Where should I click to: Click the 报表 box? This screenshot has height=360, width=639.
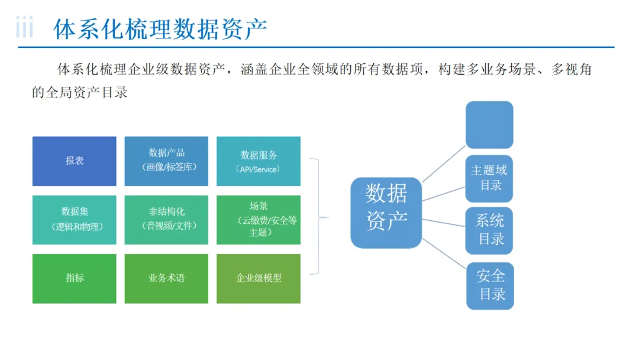[74, 161]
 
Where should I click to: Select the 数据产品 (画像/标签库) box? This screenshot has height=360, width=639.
[166, 161]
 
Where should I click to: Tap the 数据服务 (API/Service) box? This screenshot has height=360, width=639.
[259, 161]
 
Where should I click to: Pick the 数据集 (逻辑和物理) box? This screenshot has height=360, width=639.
[74, 219]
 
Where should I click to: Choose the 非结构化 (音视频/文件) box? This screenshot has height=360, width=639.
[166, 219]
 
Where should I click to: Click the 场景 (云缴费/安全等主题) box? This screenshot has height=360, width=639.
[259, 219]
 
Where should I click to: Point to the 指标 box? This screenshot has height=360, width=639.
[74, 278]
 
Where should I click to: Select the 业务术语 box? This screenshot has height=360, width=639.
[166, 278]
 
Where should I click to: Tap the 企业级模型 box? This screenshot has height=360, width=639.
[259, 278]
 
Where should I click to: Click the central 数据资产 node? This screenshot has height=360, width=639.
[386, 213]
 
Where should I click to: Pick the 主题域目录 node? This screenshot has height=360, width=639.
[489, 178]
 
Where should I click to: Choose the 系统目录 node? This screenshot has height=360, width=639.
[489, 230]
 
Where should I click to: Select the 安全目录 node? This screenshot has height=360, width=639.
[490, 285]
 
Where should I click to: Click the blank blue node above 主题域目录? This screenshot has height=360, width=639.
[489, 124]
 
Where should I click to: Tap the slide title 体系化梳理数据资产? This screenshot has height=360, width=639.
[160, 28]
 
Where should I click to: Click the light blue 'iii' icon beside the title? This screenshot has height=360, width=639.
[24, 28]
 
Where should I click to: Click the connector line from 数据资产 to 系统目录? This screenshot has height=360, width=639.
[444, 222]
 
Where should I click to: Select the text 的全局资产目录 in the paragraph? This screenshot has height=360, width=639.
[80, 92]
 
